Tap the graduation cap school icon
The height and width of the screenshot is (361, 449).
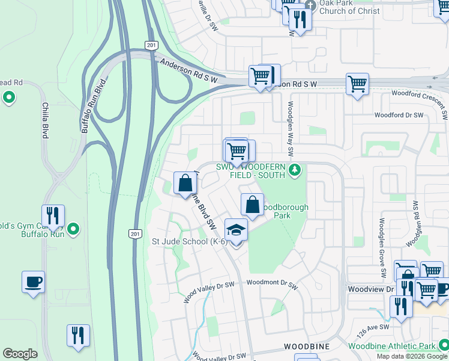236,230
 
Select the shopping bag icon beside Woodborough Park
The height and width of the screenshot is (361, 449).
253,205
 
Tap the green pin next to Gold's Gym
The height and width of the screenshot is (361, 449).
73,229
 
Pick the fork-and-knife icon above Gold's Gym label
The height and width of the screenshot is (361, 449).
53,217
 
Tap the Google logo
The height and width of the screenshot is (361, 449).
20,354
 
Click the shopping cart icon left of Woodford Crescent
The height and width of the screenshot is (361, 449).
357,84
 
